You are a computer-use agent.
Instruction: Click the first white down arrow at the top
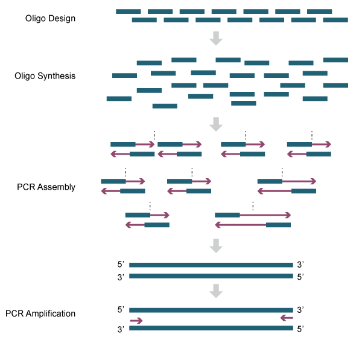tap(216, 39)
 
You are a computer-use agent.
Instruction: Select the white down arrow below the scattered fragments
tap(216, 124)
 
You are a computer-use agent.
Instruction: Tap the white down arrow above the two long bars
tap(216, 245)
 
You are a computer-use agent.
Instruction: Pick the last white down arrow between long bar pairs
tap(216, 291)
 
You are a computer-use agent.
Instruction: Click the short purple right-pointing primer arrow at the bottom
tap(136, 321)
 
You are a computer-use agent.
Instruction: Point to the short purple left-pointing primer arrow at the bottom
tap(287, 318)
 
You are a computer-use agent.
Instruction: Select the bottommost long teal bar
tap(211, 328)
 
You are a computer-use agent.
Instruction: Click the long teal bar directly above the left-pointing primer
tap(211, 310)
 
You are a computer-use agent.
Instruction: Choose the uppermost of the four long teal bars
tap(211, 265)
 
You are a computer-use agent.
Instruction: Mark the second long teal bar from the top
tap(211, 276)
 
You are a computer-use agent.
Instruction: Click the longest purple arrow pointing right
tap(265, 215)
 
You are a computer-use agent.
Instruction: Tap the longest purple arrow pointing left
tap(241, 225)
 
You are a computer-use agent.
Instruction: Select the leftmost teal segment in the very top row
tap(129, 11)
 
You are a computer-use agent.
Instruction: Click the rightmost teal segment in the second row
tap(335, 20)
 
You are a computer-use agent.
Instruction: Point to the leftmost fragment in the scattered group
tap(119, 98)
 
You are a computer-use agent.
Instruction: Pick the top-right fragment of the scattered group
tap(335, 60)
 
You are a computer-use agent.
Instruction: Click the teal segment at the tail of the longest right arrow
tap(227, 215)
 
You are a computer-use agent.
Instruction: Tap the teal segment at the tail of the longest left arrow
tap(278, 225)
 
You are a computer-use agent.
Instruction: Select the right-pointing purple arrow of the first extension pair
tap(145, 144)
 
